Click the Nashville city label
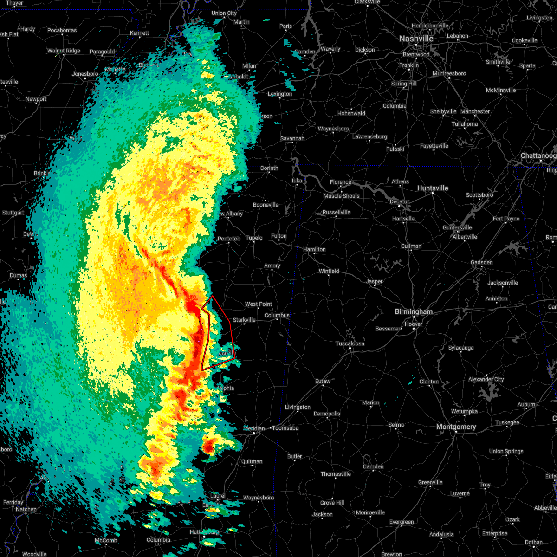coord(416,39)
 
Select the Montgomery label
coord(456,427)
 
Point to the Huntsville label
coord(433,188)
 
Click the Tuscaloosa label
coord(350,343)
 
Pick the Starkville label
coord(244,320)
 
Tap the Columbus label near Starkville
coord(277,315)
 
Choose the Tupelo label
coord(254,238)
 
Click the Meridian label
coord(254,428)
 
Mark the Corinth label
coord(269,168)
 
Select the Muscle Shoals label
coord(342,196)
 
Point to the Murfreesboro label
coord(449,73)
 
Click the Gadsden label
coord(481,262)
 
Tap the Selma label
coord(396,425)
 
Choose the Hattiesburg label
coord(204,532)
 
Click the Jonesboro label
coord(85,74)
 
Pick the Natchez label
coord(26,509)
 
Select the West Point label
coord(259,304)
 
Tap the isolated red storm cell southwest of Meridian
coord(208,447)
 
